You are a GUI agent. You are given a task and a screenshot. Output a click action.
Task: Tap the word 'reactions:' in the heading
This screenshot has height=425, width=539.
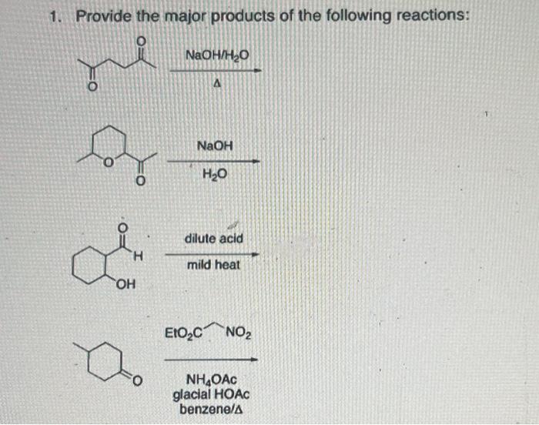pyautogui.click(x=430, y=16)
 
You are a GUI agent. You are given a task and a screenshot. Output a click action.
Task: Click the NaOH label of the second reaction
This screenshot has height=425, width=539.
pyautogui.click(x=215, y=145)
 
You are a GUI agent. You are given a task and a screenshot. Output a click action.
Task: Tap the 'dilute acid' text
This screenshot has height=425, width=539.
pyautogui.click(x=214, y=239)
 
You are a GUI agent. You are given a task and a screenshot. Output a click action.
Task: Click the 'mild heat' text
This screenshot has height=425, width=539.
pyautogui.click(x=214, y=265)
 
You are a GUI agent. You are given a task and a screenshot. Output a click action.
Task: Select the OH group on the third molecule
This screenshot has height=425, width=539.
pyautogui.click(x=128, y=289)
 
